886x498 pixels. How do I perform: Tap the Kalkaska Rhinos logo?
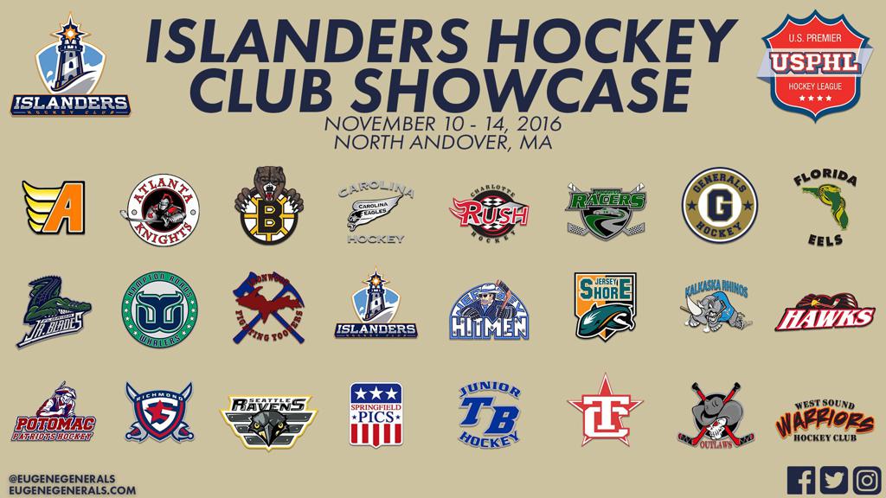point(715,306)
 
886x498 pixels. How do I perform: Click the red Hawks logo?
point(825,315)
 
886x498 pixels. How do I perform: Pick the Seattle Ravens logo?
point(266,414)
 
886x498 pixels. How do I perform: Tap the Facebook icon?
point(801,480)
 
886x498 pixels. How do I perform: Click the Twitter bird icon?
point(833,480)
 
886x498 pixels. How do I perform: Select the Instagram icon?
point(865,480)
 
